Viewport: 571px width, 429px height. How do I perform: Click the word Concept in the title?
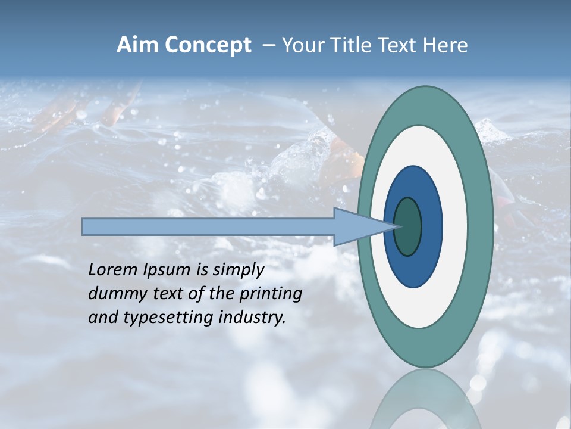[x=208, y=45]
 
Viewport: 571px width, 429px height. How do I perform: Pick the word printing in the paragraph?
[x=271, y=294]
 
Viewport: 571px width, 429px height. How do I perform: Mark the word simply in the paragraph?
[x=239, y=271]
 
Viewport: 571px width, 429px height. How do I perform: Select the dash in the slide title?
[x=268, y=45]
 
